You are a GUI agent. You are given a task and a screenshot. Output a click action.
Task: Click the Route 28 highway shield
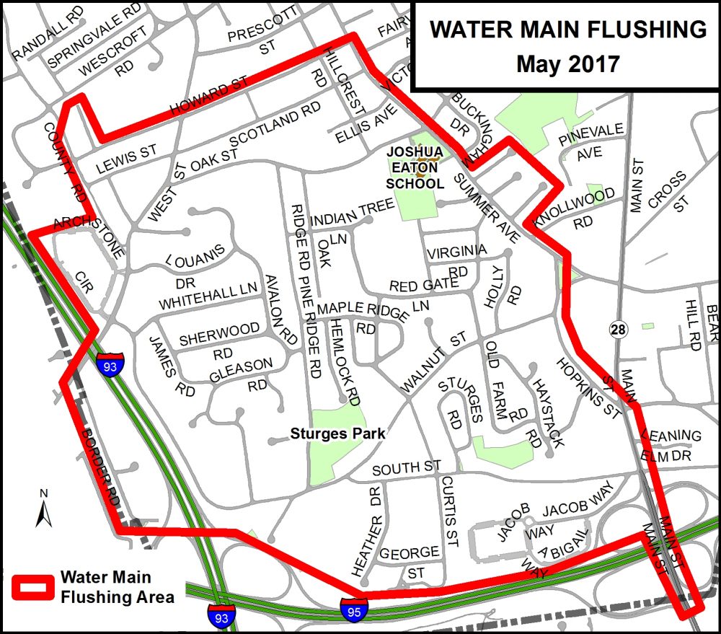[x=618, y=330]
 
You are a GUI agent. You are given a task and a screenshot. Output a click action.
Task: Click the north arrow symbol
[x=43, y=509]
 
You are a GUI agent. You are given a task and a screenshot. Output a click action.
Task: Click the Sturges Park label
[x=337, y=433]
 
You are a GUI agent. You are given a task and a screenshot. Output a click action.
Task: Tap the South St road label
[x=407, y=469]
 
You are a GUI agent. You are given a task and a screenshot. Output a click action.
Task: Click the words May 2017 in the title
[x=567, y=63]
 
